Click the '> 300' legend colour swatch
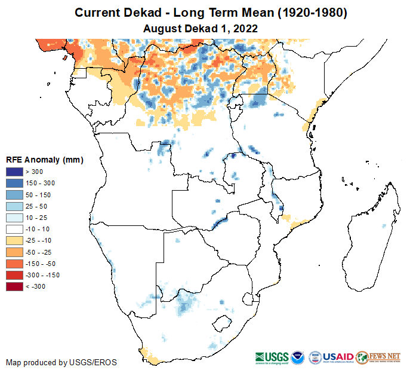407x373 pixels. pyautogui.click(x=14, y=172)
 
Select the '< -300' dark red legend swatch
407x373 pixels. pyautogui.click(x=14, y=286)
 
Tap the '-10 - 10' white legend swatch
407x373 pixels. pyautogui.click(x=14, y=229)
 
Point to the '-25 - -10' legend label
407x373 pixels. pyautogui.click(x=39, y=240)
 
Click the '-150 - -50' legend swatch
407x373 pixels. pyautogui.click(x=14, y=264)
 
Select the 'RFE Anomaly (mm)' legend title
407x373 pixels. pyautogui.click(x=44, y=160)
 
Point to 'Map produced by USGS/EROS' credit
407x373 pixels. pyautogui.click(x=61, y=362)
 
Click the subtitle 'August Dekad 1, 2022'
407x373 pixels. pyautogui.click(x=203, y=27)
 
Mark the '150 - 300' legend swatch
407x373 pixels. pyautogui.click(x=14, y=183)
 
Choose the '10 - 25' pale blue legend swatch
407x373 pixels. pyautogui.click(x=14, y=218)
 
